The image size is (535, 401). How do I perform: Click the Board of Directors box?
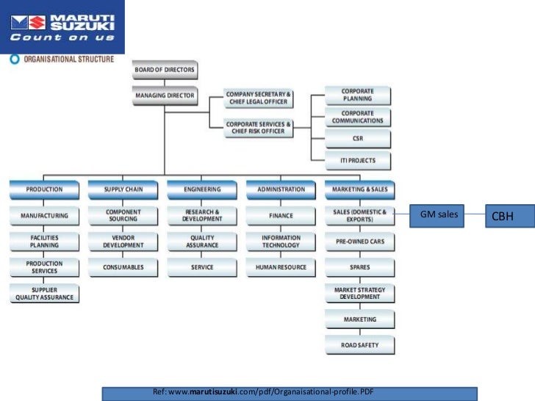tap(165, 71)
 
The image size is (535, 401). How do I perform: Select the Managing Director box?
tap(165, 95)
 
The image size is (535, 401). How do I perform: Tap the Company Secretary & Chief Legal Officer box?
tap(258, 98)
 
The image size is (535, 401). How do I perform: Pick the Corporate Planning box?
tap(358, 95)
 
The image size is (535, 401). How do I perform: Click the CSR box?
tap(358, 138)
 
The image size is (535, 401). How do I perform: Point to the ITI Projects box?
tap(358, 161)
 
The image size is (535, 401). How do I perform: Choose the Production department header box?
tap(44, 189)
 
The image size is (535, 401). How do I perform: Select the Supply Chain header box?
tap(123, 189)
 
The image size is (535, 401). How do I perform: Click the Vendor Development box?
tap(123, 242)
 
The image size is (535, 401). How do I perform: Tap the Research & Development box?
tap(202, 216)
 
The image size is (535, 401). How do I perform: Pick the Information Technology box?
tap(281, 242)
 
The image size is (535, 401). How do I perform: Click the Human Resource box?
tap(281, 267)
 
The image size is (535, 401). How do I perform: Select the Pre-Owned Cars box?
tap(360, 242)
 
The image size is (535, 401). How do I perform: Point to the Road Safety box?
tap(360, 344)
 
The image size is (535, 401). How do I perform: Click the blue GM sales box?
tap(439, 215)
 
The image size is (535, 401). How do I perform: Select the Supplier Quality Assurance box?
tap(44, 294)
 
